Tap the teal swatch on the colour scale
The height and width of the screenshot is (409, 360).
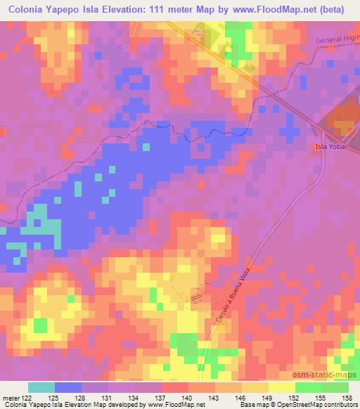[x=41, y=387]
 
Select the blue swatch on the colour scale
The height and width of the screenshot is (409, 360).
[x=68, y=387]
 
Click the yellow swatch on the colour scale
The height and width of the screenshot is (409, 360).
[x=282, y=387]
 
